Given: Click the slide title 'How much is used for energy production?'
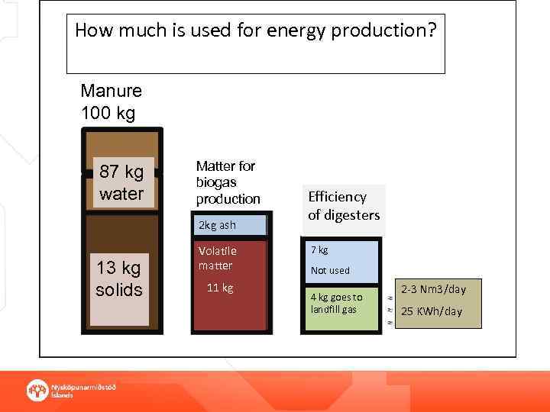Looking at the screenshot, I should coord(255,31).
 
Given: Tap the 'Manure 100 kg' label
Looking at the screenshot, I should coord(111,102).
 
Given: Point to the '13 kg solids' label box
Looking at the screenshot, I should coord(118,279).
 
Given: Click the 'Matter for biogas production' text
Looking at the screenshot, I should coord(228,182).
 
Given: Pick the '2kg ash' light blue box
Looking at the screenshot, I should coord(229,225).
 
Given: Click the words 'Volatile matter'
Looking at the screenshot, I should coord(217,258).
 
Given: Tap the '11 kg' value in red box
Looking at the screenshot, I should coord(220,288).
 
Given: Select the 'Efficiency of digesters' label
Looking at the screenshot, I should coord(343,206).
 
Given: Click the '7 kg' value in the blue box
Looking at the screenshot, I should coord(319,249).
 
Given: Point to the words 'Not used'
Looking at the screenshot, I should coord(330,270).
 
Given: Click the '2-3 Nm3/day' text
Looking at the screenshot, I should coord(433,289).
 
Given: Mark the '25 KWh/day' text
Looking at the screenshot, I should coord(432,311).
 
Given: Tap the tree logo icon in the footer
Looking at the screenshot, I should coord(37,390).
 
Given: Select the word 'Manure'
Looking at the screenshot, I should coord(111,91).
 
